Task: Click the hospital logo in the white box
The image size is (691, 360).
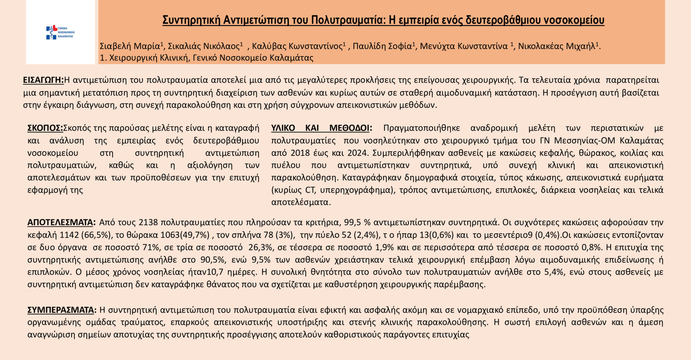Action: (x=60, y=32)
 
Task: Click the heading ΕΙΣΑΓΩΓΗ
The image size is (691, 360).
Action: (x=43, y=80)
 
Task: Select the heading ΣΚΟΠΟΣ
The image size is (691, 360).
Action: (x=45, y=128)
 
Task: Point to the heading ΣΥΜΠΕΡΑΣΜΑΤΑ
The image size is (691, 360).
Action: (x=62, y=310)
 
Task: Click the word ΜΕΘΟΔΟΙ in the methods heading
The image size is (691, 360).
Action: (x=351, y=128)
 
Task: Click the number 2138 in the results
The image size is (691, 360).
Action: (x=148, y=223)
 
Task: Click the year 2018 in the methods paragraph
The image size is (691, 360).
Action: (x=300, y=153)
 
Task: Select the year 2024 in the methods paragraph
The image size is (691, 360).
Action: (x=358, y=153)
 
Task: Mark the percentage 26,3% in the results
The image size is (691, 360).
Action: (x=260, y=248)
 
